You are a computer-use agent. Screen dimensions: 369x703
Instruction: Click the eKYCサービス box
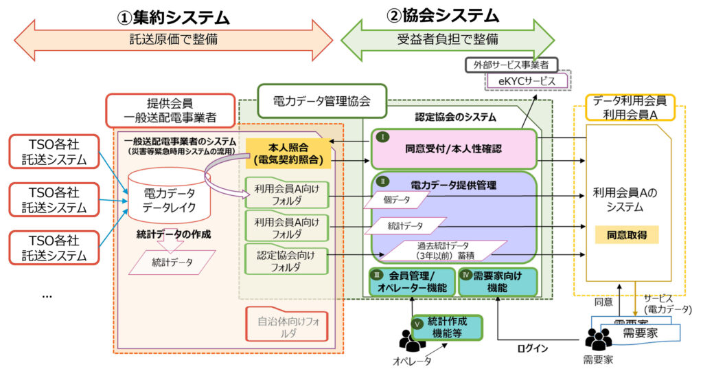[531, 81]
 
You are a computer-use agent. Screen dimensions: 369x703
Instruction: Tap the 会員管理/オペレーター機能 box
[411, 282]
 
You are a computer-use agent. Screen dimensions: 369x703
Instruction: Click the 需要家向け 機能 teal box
[498, 282]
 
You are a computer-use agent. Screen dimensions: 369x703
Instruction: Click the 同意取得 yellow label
[627, 235]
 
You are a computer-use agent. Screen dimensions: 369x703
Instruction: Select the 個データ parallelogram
[397, 200]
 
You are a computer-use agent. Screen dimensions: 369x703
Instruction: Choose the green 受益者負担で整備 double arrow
[447, 38]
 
